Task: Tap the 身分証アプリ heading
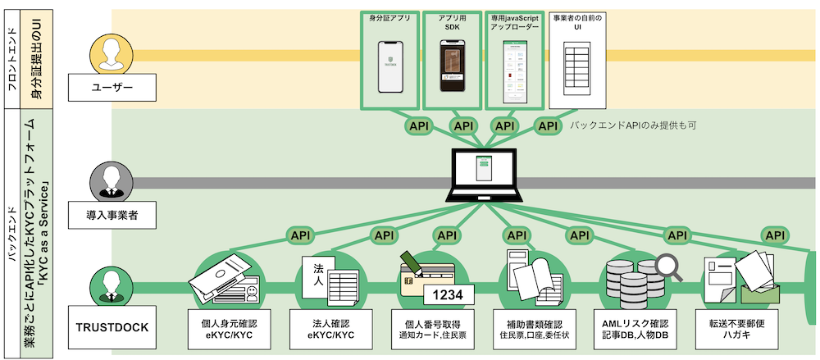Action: click(389, 16)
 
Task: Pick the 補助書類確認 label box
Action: click(532, 327)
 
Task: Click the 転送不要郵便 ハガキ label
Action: click(737, 327)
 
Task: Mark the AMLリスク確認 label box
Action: click(635, 327)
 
